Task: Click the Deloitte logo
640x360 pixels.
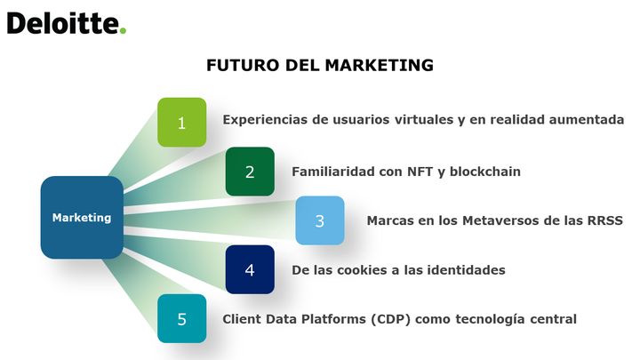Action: pyautogui.click(x=67, y=23)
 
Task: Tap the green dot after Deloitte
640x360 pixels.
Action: pyautogui.click(x=123, y=30)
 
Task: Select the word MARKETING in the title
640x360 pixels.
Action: pyautogui.click(x=380, y=65)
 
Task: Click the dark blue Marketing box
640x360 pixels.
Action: pyautogui.click(x=82, y=218)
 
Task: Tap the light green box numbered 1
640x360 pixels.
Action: pyautogui.click(x=182, y=123)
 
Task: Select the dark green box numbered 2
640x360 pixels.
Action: pyautogui.click(x=250, y=172)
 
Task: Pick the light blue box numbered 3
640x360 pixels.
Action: pyautogui.click(x=320, y=220)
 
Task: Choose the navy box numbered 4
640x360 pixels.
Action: pyautogui.click(x=250, y=269)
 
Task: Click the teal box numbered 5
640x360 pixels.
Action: pyautogui.click(x=182, y=318)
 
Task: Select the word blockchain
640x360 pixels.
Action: pyautogui.click(x=485, y=172)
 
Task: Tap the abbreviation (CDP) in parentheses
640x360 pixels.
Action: pyautogui.click(x=390, y=319)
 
